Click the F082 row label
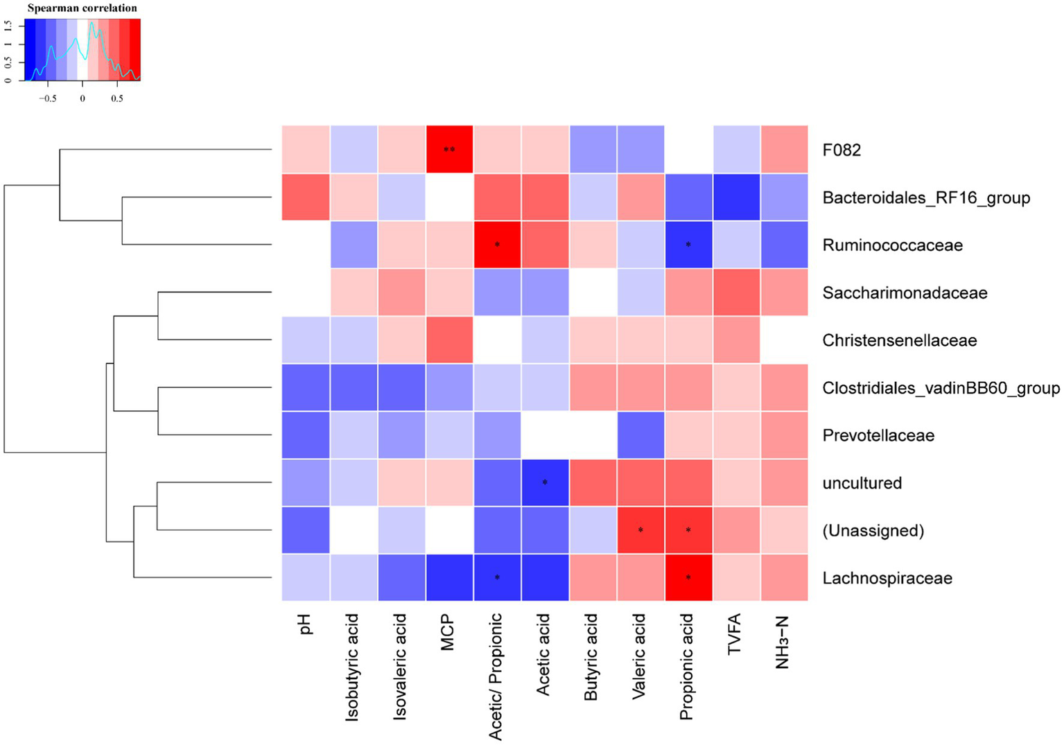tap(841, 150)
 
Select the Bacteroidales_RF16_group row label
tap(925, 198)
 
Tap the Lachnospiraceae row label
tap(887, 579)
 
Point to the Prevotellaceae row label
tap(878, 436)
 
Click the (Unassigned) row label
tap(873, 531)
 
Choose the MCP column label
tap(448, 632)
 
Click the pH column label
tap(306, 624)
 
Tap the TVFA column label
tap(735, 634)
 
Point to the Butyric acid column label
tap(591, 657)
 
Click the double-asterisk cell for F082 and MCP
tap(449, 150)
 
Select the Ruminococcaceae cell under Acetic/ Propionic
tap(497, 245)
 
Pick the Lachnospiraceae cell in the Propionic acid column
tap(688, 578)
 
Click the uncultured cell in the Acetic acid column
tap(545, 483)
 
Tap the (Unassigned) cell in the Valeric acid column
tap(640, 531)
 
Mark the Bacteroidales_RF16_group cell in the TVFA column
tap(736, 198)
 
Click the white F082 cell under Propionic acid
tap(688, 150)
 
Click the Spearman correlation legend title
tap(82, 8)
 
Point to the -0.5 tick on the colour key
tap(47, 98)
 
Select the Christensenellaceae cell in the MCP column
tap(449, 340)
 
